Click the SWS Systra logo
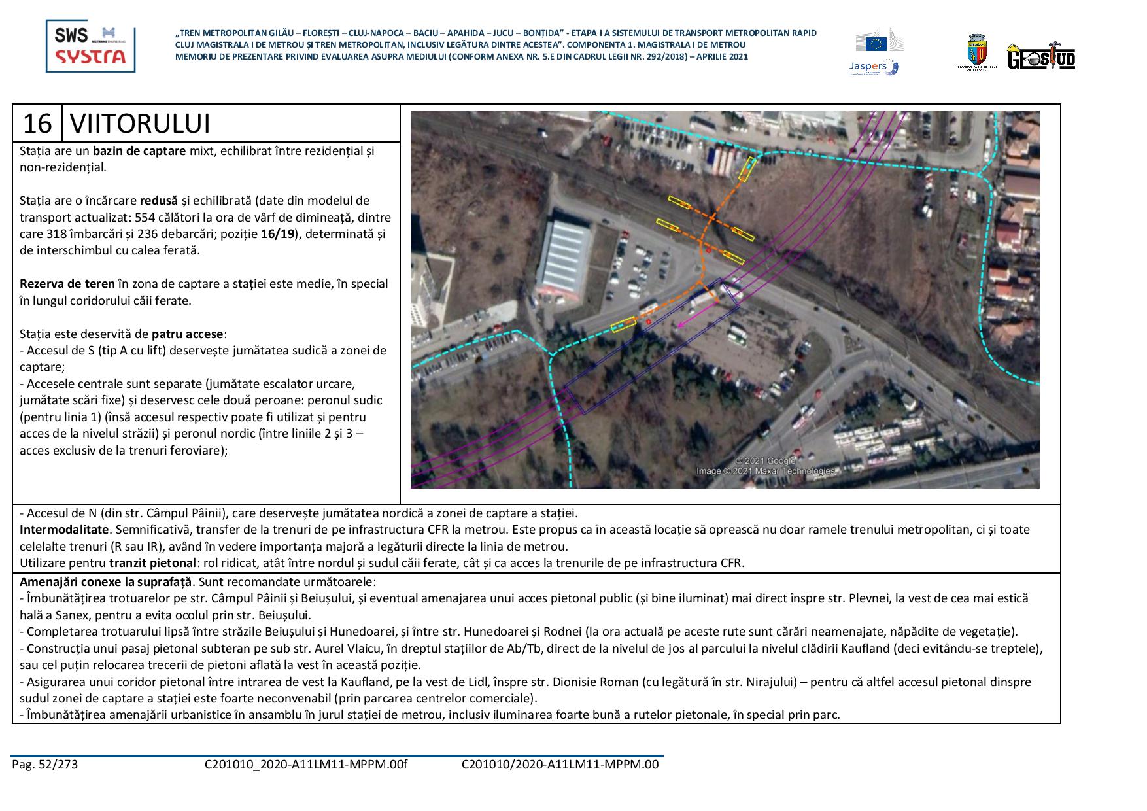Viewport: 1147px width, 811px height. [90, 46]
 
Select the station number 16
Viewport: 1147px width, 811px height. [37, 124]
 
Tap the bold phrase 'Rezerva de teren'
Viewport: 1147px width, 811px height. [67, 284]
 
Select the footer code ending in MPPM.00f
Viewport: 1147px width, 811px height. [305, 764]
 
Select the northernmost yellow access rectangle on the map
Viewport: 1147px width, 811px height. [746, 169]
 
